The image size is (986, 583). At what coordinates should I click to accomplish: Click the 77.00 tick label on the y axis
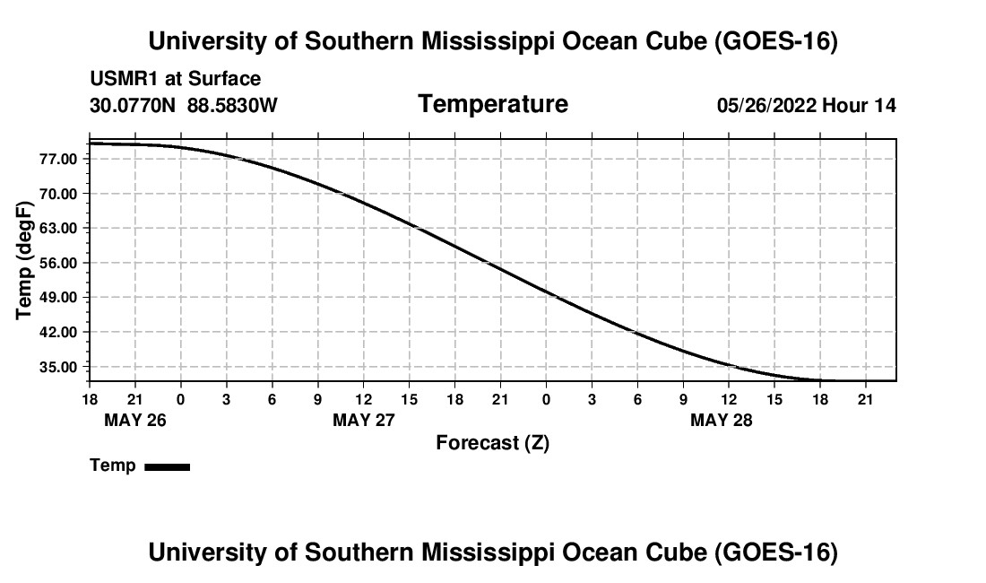pos(58,159)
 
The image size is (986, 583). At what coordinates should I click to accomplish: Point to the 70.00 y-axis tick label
pos(58,194)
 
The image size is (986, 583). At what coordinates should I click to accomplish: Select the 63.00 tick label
pos(58,229)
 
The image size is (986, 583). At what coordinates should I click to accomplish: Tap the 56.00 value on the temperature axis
pos(58,263)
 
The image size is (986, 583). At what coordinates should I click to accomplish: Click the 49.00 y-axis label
pos(58,298)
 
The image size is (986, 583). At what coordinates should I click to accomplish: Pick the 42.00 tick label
pos(58,332)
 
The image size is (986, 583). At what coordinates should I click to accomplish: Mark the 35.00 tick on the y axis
pos(58,367)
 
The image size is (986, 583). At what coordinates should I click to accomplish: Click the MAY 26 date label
pos(135,420)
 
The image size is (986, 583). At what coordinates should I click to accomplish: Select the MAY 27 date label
pos(363,420)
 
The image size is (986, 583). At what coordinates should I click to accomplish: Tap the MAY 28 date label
pos(722,420)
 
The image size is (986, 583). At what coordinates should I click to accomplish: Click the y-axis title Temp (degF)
pos(24,260)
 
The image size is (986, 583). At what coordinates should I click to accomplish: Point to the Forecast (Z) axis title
pos(493,443)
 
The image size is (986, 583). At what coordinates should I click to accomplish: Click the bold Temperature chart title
pos(493,104)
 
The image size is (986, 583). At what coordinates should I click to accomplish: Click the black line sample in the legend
pos(168,466)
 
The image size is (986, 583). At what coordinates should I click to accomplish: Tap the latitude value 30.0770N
pos(133,105)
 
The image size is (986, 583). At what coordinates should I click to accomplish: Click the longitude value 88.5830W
pos(232,105)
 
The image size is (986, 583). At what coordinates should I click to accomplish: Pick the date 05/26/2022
pos(766,105)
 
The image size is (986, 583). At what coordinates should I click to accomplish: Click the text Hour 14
pos(859,105)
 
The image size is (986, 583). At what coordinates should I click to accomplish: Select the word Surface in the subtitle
pos(224,79)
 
